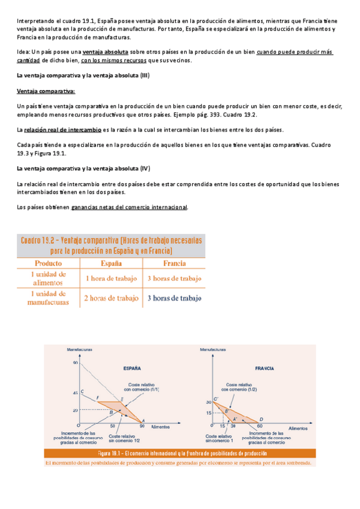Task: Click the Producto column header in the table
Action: [48, 263]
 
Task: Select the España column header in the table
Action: [111, 263]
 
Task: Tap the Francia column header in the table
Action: [173, 263]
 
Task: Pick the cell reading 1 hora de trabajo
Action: [111, 279]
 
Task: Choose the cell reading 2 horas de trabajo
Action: [111, 298]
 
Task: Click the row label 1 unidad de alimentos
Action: [48, 279]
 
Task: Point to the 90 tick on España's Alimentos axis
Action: [142, 426]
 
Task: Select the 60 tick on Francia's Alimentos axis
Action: [260, 426]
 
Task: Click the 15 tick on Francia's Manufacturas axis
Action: [208, 412]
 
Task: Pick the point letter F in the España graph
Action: [98, 381]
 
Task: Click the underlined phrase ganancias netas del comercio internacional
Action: [129, 207]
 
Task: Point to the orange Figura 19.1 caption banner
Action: [180, 454]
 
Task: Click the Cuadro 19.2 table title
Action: [112, 245]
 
